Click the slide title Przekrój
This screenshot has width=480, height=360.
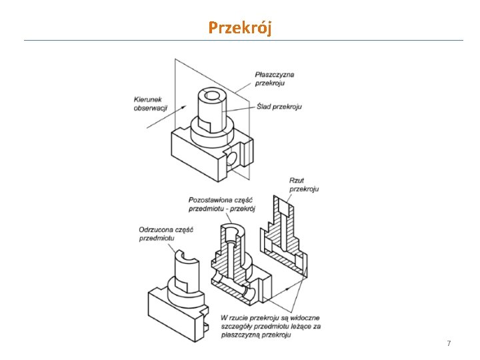point(239,27)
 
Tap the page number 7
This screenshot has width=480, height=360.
point(449,343)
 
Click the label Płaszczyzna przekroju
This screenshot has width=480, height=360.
point(275,79)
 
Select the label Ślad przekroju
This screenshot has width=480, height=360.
point(279,106)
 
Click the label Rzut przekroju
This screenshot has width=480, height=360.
point(303,184)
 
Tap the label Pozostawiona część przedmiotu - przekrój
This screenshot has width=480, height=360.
point(223,204)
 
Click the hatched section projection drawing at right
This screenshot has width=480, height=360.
point(285,237)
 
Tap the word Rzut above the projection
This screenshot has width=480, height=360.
point(297,180)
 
